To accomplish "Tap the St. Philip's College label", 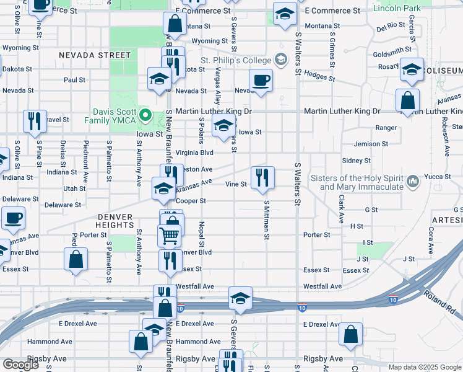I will (x=236, y=60).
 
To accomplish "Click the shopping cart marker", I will (x=169, y=237).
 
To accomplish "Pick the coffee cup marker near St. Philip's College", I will (x=261, y=81).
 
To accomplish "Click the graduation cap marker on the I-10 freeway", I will (x=240, y=299).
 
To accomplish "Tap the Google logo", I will (x=20, y=365).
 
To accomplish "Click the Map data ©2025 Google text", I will (x=425, y=367).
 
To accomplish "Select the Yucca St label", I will (x=438, y=177).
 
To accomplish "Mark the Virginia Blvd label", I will (x=194, y=152).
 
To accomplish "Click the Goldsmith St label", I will (x=392, y=50).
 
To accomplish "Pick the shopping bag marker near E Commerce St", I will (x=175, y=24).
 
